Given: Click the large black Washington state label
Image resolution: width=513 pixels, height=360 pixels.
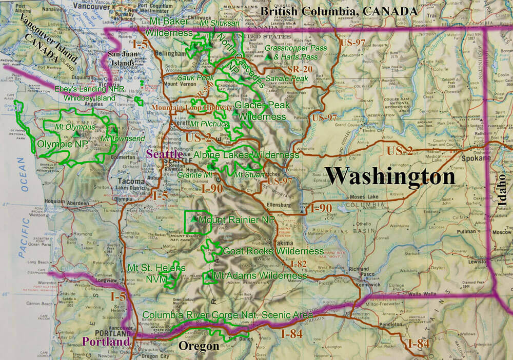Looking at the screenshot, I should (x=390, y=177).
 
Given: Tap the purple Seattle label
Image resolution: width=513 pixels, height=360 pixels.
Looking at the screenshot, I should (x=164, y=154).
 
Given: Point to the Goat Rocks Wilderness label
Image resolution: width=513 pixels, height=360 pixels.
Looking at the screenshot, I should (x=273, y=251).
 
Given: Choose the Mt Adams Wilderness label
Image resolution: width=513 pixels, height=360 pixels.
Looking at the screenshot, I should (x=260, y=276).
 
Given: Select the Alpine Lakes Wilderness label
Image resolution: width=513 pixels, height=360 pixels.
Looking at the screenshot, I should (x=247, y=155).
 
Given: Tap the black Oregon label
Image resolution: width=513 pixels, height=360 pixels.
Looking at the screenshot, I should (x=199, y=347).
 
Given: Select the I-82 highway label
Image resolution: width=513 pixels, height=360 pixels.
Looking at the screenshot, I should (x=298, y=264).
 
